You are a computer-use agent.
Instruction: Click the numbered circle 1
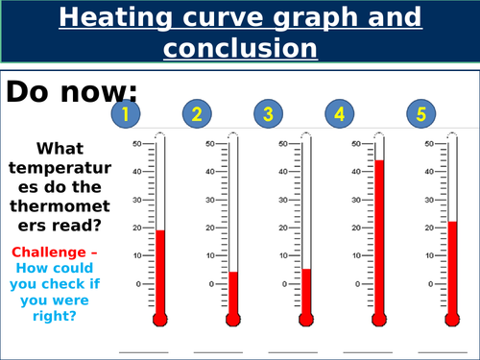click(x=126, y=115)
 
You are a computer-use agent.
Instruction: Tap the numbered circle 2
click(x=197, y=115)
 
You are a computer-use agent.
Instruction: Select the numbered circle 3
click(x=268, y=115)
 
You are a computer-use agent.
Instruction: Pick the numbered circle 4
click(x=340, y=115)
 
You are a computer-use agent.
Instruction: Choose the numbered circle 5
click(x=420, y=115)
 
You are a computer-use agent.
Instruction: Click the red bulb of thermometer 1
click(x=159, y=319)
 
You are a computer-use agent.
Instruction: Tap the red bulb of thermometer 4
click(x=378, y=319)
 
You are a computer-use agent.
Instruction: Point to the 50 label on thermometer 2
click(x=211, y=144)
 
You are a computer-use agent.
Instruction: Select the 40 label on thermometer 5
click(x=428, y=172)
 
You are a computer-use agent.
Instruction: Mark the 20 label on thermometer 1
click(x=137, y=228)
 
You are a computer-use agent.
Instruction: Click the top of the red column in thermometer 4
click(x=378, y=161)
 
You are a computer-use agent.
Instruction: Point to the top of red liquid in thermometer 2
click(x=232, y=273)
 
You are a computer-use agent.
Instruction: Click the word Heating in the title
click(x=137, y=17)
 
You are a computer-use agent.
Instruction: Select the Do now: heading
click(x=72, y=91)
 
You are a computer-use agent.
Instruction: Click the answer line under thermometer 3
click(x=287, y=351)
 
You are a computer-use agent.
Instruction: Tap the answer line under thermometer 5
click(x=433, y=351)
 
